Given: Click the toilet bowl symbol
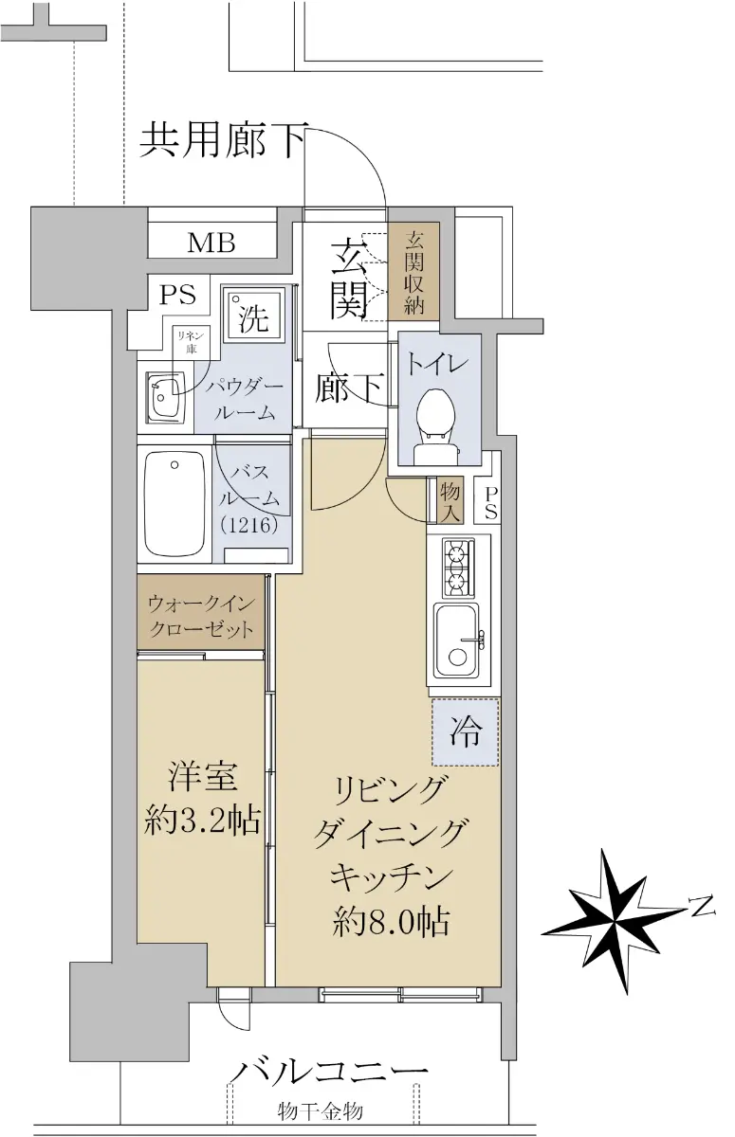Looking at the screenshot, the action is [x=437, y=425].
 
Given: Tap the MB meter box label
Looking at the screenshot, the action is [x=211, y=243].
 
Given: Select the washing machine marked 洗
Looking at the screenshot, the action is [x=253, y=316].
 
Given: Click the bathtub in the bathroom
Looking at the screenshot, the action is [x=175, y=504].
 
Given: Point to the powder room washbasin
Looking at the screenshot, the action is [x=165, y=396].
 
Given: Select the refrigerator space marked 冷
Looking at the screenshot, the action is [x=466, y=731].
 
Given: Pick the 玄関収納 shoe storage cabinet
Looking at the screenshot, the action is [x=413, y=272].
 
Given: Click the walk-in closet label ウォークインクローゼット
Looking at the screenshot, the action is [x=201, y=616].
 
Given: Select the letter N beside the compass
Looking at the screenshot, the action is [x=702, y=906].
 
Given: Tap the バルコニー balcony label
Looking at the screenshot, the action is [x=331, y=1057].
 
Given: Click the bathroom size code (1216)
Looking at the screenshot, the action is [x=249, y=525].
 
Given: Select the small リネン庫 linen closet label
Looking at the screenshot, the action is [x=191, y=342].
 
